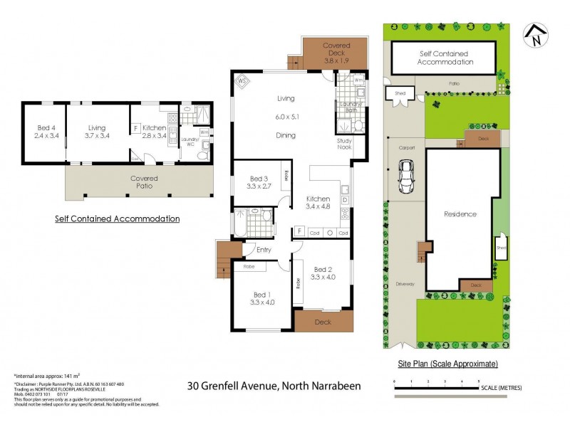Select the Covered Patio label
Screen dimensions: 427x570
click(x=140, y=181)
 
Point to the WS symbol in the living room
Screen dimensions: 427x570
click(x=242, y=81)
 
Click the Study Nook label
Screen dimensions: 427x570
click(x=345, y=144)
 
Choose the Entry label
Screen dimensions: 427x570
click(x=263, y=250)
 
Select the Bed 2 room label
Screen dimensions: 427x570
click(x=322, y=273)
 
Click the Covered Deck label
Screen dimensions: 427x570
click(x=336, y=53)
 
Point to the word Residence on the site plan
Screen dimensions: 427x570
click(x=460, y=213)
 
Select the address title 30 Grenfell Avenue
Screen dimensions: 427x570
click(x=274, y=386)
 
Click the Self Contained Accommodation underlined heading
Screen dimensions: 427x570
click(x=117, y=218)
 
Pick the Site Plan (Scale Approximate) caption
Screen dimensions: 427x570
click(x=447, y=364)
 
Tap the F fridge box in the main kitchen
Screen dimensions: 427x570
click(x=299, y=232)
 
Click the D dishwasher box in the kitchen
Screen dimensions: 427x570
click(x=345, y=200)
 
